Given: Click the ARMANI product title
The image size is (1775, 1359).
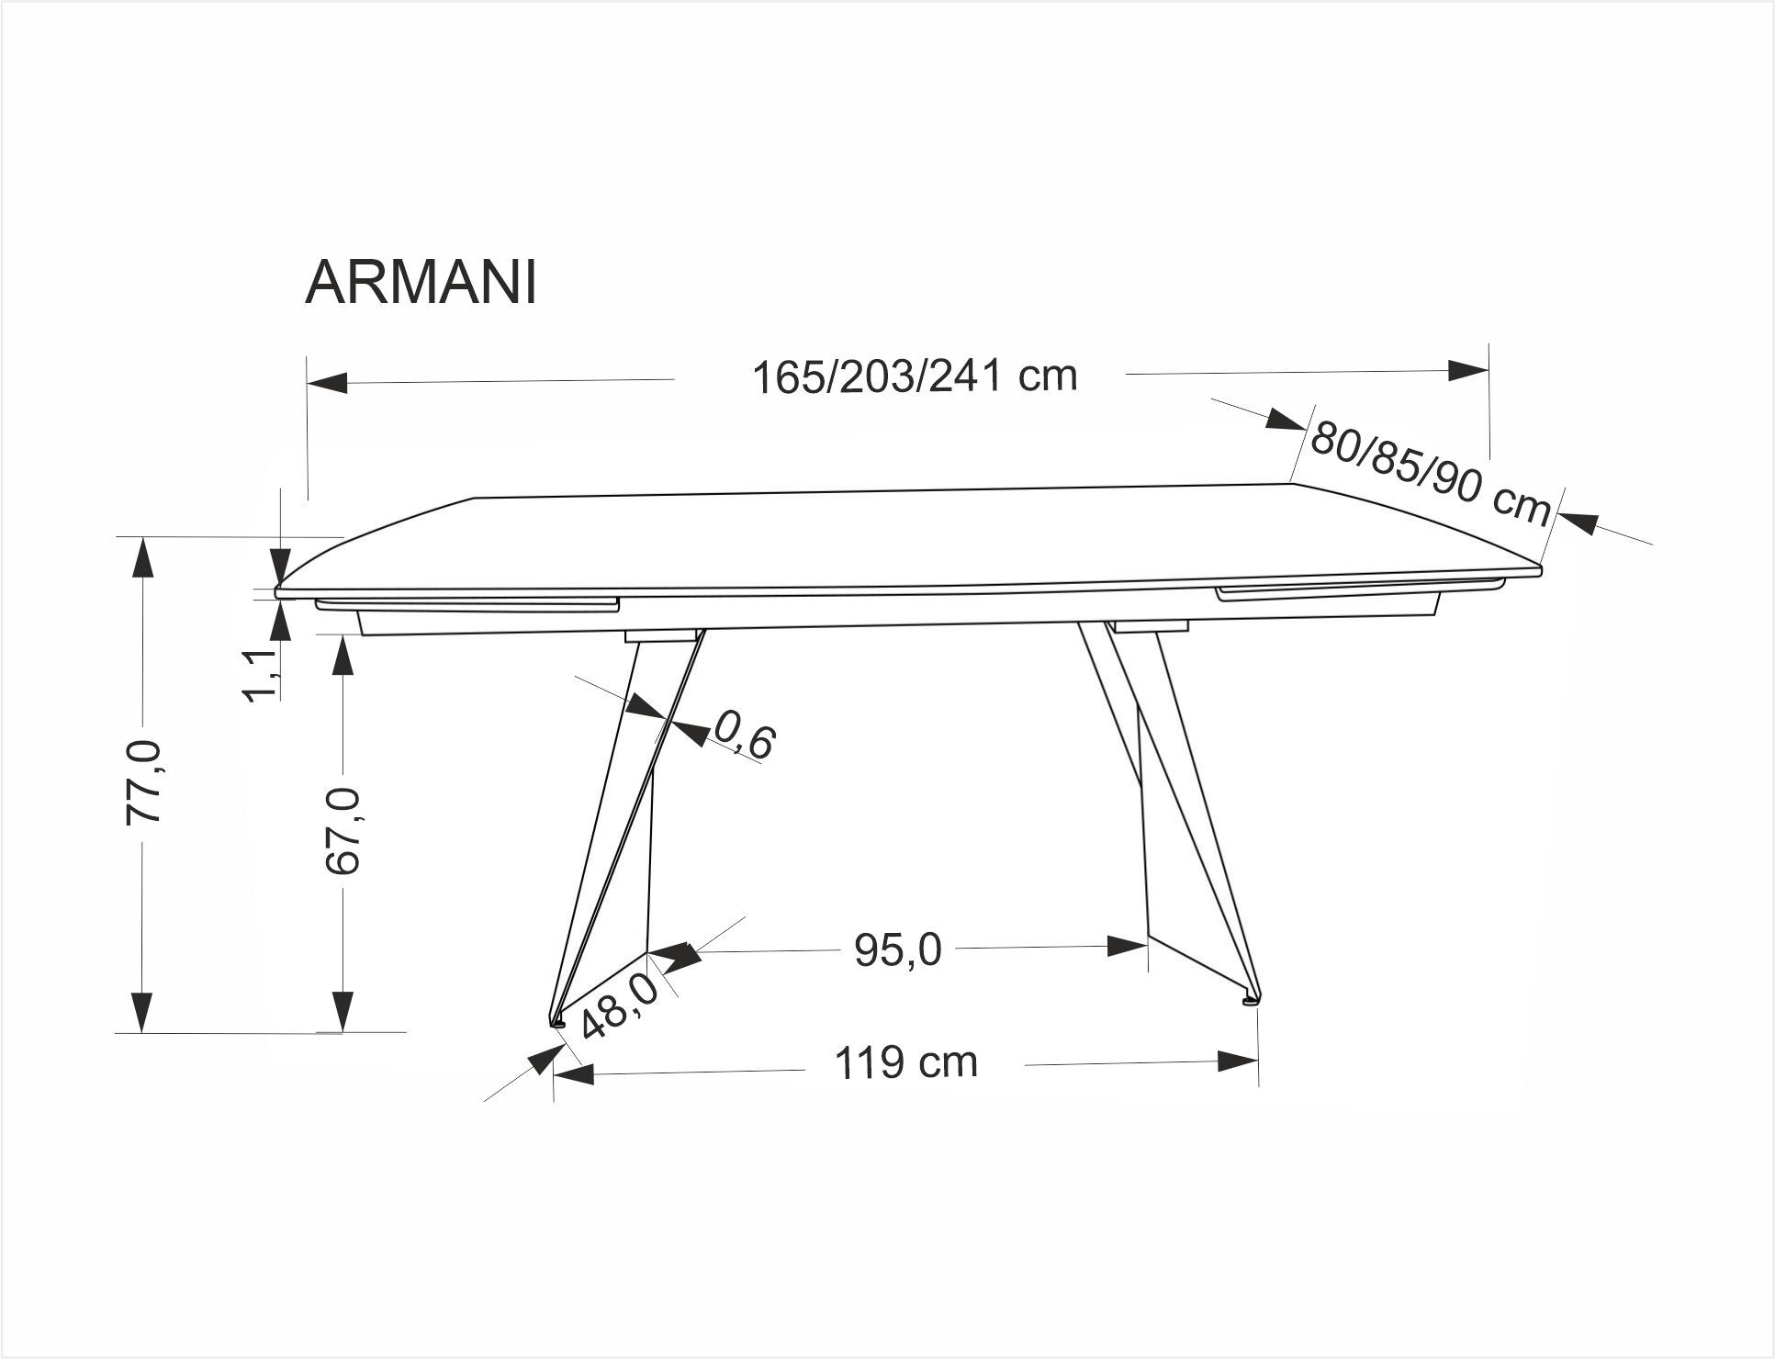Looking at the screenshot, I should tap(420, 282).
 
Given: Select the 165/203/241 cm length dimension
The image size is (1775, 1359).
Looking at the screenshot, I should tap(914, 376).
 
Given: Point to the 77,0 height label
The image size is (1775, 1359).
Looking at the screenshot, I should tap(145, 781).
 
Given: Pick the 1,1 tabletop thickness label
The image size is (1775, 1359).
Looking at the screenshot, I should tap(260, 673).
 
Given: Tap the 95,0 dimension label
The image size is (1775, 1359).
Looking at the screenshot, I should tap(897, 951).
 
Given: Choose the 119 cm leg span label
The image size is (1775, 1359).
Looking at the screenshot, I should tap(905, 1063).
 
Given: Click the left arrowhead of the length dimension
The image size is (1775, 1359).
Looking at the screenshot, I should tap(327, 383).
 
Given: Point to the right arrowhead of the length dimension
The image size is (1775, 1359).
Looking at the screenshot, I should tap(1467, 370).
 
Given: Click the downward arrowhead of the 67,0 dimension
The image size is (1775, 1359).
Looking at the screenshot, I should tap(343, 1011).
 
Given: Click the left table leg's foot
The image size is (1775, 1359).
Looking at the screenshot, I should tap(556, 1020).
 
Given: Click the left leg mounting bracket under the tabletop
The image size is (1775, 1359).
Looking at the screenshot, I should tap(659, 635).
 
